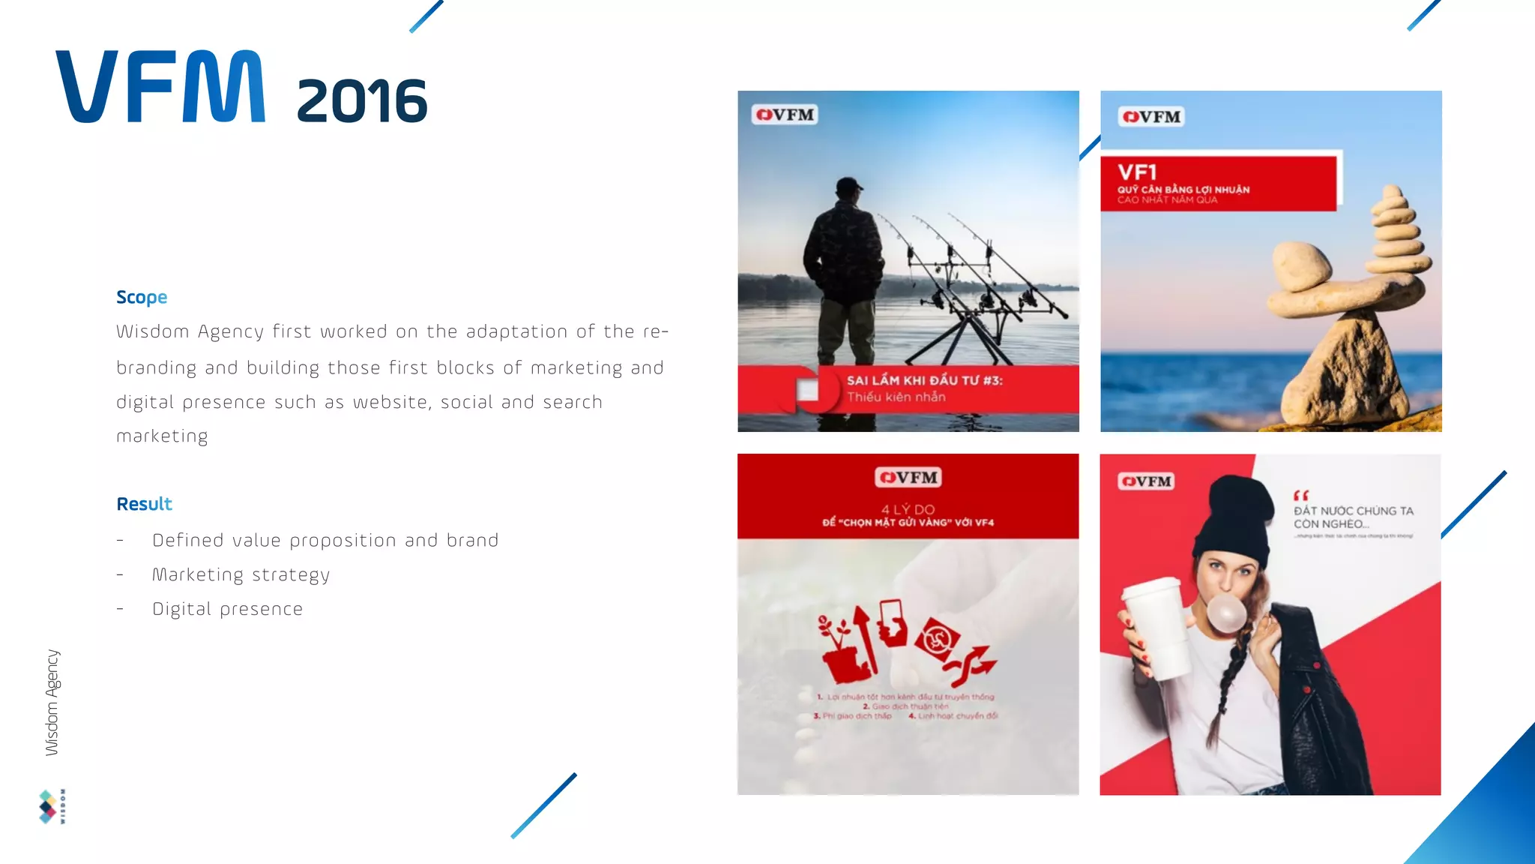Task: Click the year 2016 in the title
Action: click(361, 101)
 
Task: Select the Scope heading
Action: click(142, 297)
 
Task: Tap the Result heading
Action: click(144, 504)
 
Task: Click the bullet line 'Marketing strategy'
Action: click(241, 575)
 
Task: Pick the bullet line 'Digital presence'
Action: click(227, 609)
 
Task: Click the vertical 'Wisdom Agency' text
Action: click(52, 702)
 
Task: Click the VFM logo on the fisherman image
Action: click(785, 115)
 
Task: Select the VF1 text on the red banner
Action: click(1137, 172)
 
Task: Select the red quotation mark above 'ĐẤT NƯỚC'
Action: click(1300, 496)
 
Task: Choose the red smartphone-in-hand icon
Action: click(891, 622)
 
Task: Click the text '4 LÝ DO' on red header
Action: click(908, 509)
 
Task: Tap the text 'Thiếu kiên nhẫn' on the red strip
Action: click(896, 397)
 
